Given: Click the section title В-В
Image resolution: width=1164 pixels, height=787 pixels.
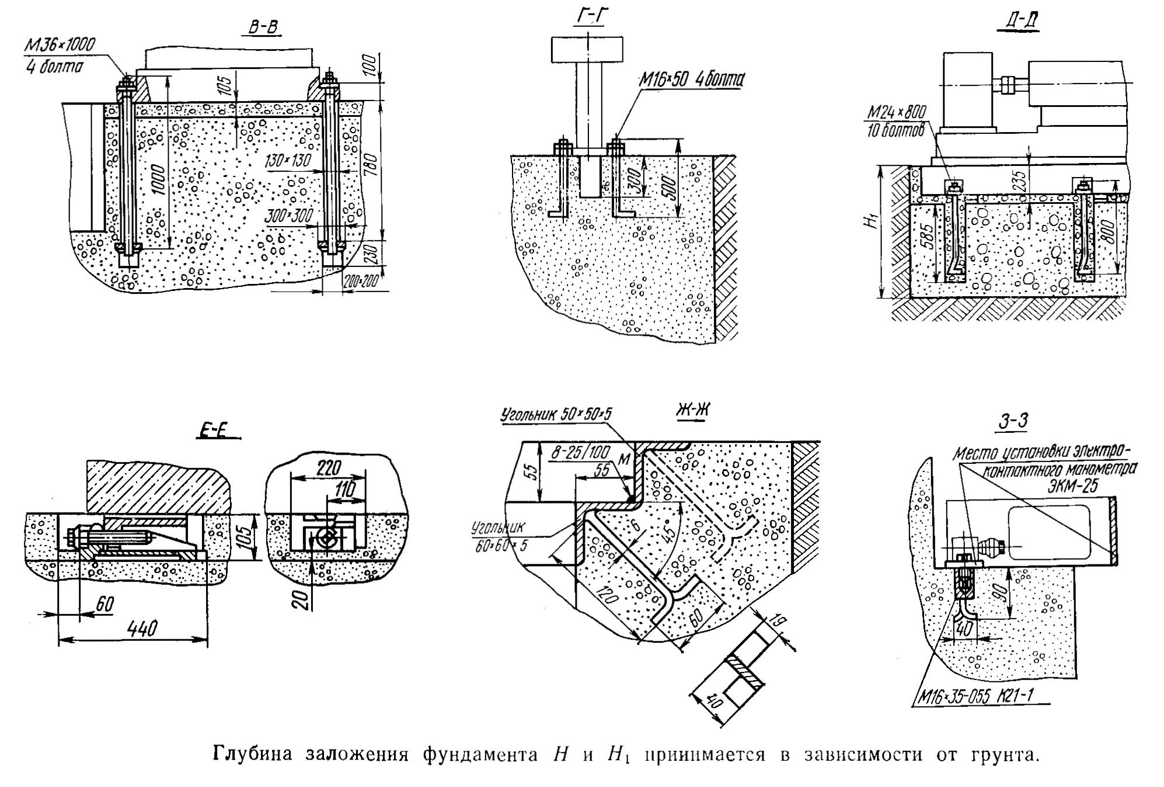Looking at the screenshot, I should (264, 27).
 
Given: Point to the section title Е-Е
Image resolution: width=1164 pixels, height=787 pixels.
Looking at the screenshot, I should (218, 430).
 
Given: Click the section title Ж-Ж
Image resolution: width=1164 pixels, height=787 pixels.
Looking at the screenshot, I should (693, 411).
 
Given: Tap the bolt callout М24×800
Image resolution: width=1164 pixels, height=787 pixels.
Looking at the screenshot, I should (897, 111).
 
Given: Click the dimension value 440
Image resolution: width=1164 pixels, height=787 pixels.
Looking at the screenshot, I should (142, 628).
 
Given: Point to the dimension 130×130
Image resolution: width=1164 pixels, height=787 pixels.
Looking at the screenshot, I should (287, 160).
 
